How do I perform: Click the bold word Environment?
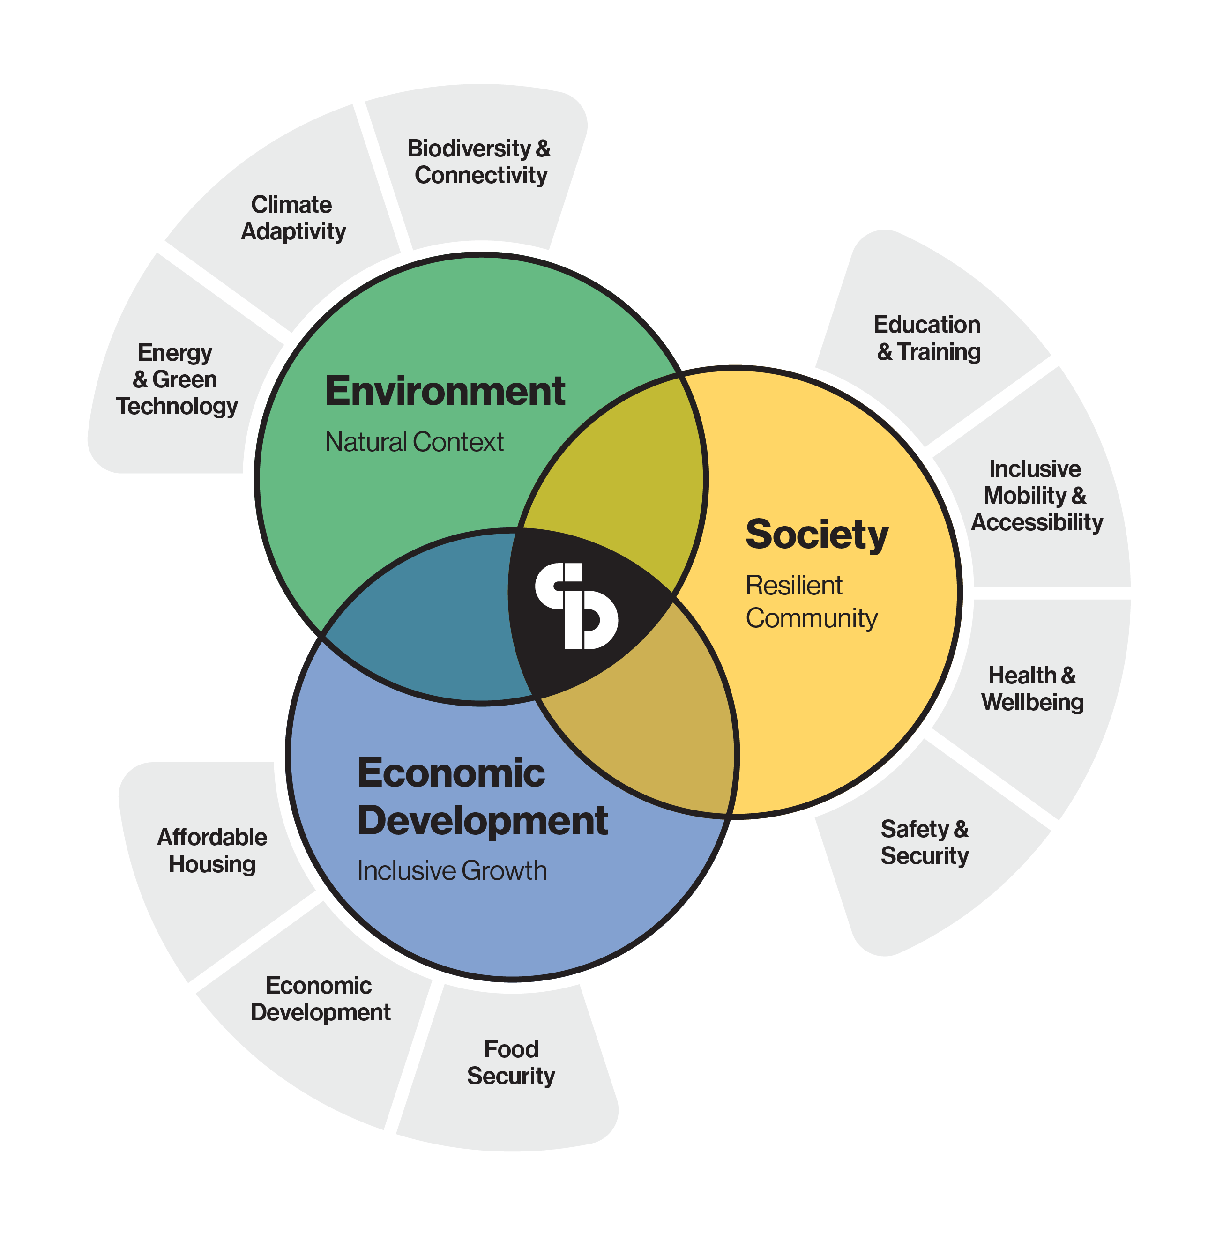[x=444, y=391]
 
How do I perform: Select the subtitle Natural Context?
[x=414, y=442]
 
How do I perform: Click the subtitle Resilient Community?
[x=811, y=602]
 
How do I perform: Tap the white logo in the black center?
[x=576, y=606]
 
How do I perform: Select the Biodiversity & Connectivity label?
[x=479, y=162]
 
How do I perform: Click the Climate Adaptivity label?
[x=293, y=218]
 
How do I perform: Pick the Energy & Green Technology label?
[x=177, y=380]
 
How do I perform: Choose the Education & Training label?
[x=927, y=338]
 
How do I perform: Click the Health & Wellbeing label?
[x=1032, y=689]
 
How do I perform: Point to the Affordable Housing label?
[x=212, y=851]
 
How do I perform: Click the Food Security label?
[x=511, y=1062]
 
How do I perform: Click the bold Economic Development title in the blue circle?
[x=482, y=797]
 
